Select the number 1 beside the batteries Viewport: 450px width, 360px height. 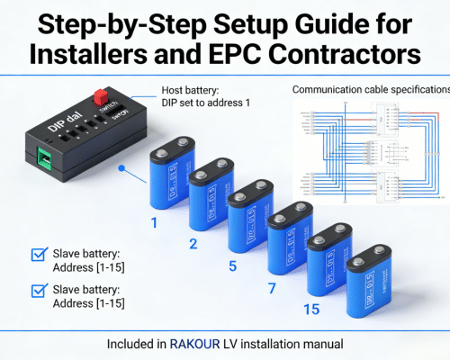point(154,221)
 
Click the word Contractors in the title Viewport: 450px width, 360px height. point(352,52)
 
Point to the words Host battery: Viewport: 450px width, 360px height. point(192,90)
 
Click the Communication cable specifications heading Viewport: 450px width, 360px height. point(370,90)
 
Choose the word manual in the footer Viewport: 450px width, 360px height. point(322,344)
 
